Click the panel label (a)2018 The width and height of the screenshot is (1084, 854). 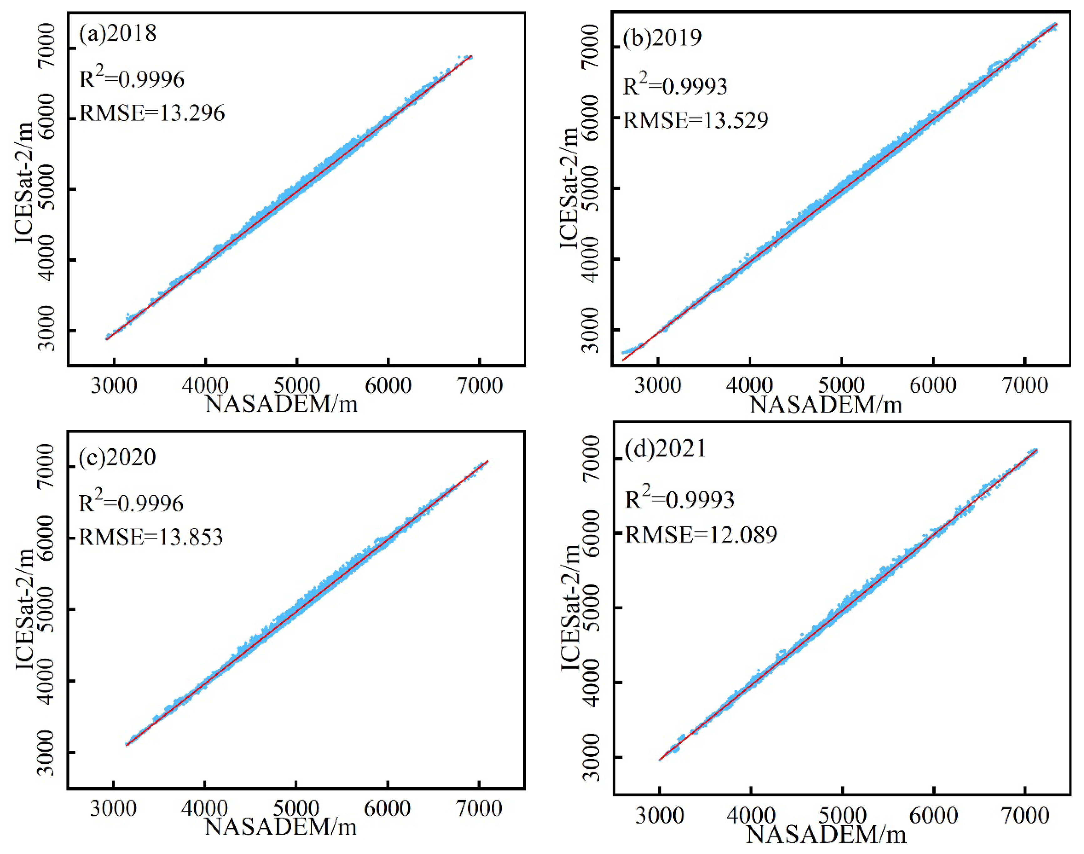(x=118, y=33)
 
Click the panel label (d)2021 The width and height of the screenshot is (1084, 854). (x=665, y=449)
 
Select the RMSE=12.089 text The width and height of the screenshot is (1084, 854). (x=701, y=535)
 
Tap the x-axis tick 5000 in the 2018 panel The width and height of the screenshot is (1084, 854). (x=297, y=385)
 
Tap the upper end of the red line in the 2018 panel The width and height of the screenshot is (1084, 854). (x=471, y=57)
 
